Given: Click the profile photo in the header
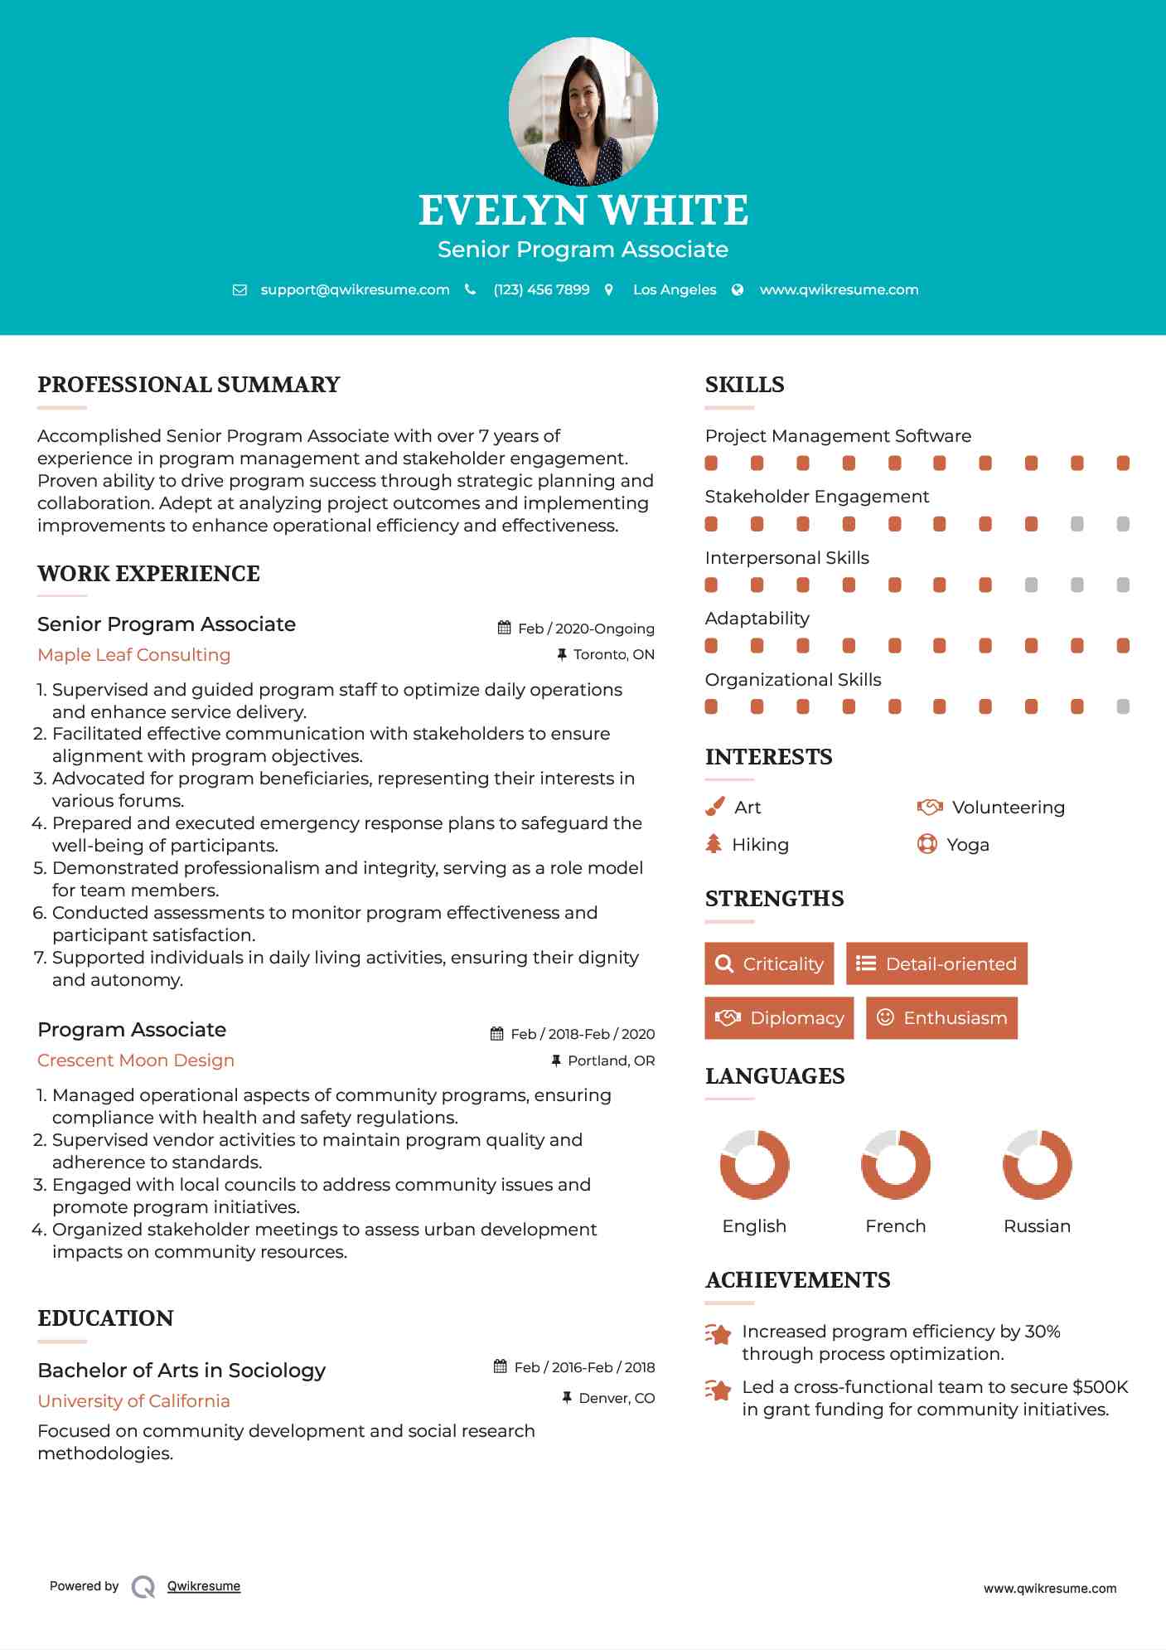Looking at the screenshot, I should coord(583,110).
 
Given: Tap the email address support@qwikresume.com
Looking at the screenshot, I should coord(355,289).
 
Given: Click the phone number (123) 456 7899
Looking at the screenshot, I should coord(541,289).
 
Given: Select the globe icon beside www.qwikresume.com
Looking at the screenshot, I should coord(738,289).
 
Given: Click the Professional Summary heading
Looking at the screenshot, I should coord(189,385).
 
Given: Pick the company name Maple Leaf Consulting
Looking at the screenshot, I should coord(134,655).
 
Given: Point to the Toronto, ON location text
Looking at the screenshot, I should coord(613,655).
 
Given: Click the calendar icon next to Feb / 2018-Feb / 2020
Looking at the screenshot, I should coord(497,1034).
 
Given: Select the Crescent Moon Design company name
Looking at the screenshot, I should coord(136,1060).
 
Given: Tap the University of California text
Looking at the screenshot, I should coord(134,1401).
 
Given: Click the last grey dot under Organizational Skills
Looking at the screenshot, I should coord(1123,706).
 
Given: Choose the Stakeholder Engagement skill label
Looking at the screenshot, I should coord(816,497).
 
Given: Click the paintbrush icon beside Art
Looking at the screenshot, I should coord(714,807).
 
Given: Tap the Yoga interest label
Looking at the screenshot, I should coord(968,845).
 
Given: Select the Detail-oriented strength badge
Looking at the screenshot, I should coord(936,963).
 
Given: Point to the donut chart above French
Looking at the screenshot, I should coord(896,1164).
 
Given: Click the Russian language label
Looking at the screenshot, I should coord(1037,1226).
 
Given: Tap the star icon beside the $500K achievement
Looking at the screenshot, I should coord(718,1390).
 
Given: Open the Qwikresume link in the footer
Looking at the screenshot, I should coord(204,1586).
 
